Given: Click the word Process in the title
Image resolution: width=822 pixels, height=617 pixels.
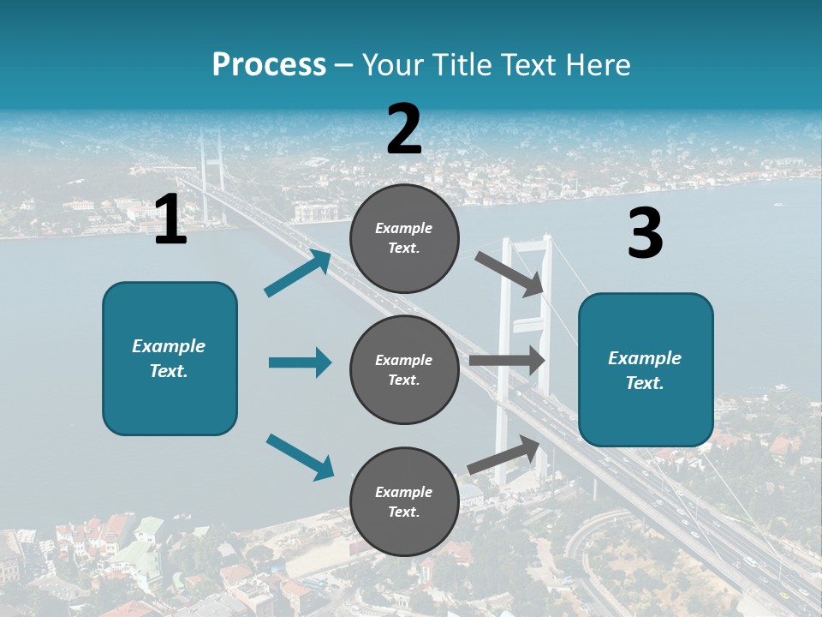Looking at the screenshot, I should (269, 65).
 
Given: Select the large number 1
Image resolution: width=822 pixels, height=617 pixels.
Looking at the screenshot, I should (170, 220).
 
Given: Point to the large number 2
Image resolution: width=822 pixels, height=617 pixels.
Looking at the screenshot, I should (404, 129).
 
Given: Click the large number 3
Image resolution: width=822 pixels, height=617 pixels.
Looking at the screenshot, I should (645, 234).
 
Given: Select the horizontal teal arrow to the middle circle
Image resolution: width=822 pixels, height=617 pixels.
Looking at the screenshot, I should (300, 362).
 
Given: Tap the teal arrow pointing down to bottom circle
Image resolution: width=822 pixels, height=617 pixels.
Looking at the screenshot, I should (300, 457).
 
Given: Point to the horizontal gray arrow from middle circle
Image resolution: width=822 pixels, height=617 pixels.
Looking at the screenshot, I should (507, 360).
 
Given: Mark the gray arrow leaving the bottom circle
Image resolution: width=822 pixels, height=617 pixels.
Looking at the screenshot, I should (503, 454).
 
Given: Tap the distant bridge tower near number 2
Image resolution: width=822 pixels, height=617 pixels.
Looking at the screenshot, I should (211, 163).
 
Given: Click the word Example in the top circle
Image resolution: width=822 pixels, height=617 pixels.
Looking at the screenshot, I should (404, 229).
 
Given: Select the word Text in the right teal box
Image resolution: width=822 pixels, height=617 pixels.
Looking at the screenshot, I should (644, 383).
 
